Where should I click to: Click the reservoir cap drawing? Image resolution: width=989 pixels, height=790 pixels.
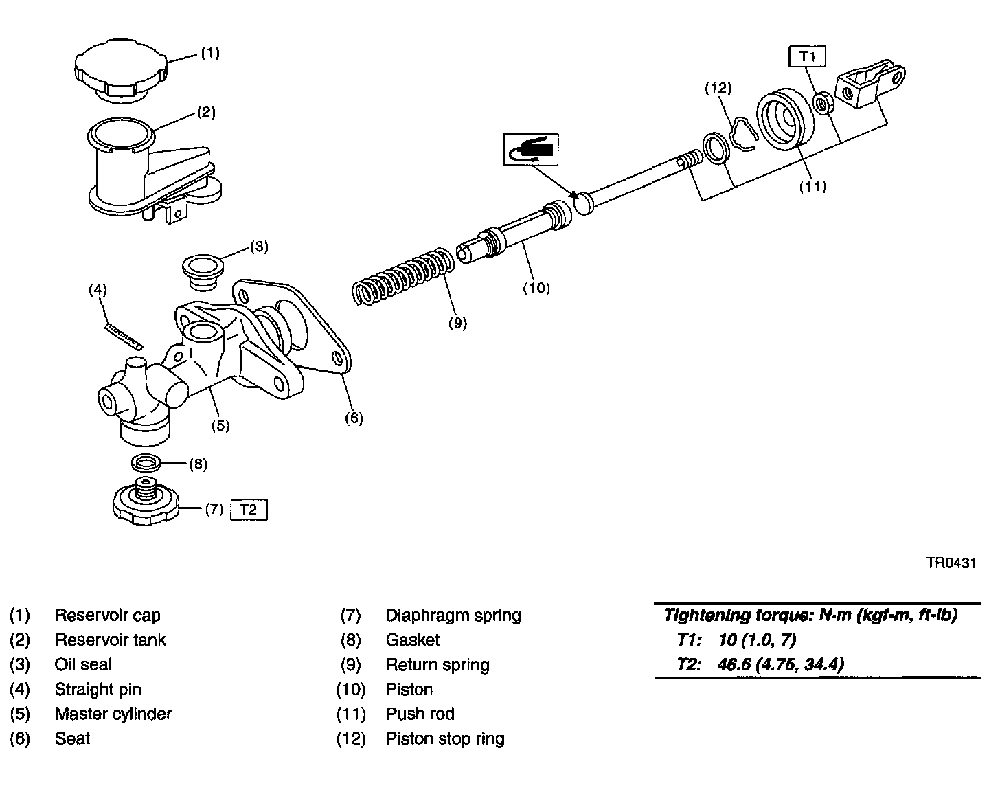120,71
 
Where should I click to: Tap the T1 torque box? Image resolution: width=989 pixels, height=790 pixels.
807,56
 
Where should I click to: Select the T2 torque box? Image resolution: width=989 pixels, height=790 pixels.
249,510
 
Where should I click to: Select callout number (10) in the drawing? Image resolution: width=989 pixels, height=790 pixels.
536,288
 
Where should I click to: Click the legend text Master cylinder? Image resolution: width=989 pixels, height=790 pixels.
113,714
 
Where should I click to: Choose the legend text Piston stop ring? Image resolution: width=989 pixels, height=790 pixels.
445,738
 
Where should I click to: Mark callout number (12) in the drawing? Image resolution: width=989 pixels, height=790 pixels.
718,88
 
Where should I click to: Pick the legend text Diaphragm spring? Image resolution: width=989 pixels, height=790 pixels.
453,615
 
